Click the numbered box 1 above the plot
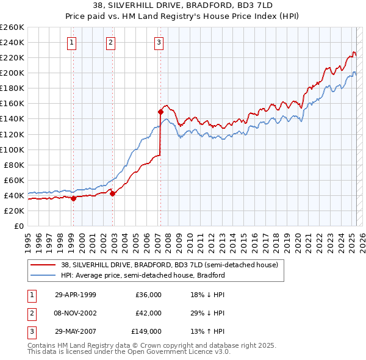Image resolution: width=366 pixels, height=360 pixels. (72, 42)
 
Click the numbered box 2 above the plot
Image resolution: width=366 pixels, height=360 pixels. (110, 42)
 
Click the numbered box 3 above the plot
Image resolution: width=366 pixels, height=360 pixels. (158, 42)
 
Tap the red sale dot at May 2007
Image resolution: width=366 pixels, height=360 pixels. (160, 112)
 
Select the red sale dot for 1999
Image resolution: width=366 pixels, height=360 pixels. (73, 198)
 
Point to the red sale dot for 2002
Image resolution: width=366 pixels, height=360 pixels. (112, 193)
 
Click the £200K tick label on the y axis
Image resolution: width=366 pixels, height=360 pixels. (12, 73)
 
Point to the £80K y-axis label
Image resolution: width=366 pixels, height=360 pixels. (14, 165)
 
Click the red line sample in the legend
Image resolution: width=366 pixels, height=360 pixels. (43, 265)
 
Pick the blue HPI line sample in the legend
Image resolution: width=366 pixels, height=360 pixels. (43, 275)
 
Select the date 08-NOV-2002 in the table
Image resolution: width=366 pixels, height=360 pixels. (75, 313)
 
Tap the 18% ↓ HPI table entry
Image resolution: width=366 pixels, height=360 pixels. (207, 295)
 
